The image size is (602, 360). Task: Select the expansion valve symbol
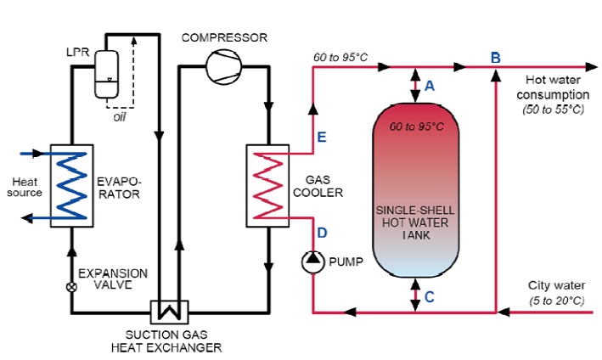(71, 287)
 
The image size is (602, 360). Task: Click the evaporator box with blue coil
(71, 184)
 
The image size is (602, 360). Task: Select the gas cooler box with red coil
(267, 186)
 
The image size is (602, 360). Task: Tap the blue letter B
(495, 57)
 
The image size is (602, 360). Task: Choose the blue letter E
(322, 137)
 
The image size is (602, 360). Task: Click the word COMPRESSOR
(224, 38)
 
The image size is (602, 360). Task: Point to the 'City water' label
(555, 285)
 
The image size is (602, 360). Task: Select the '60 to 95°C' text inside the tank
(416, 126)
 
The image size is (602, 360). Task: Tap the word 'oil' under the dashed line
(120, 117)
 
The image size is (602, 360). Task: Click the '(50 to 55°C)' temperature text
(556, 110)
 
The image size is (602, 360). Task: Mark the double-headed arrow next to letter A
(415, 84)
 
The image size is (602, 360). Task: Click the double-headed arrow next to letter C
(415, 295)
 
